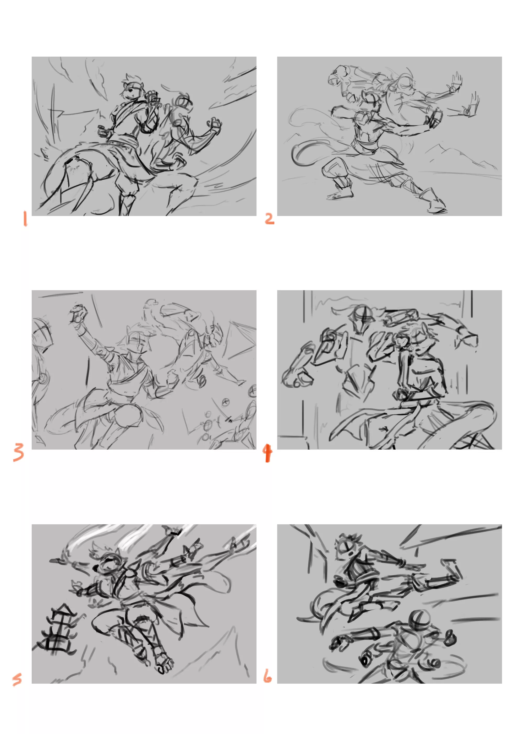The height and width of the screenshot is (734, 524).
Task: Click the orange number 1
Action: [x=25, y=219]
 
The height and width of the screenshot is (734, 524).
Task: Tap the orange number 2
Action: [x=269, y=219]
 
